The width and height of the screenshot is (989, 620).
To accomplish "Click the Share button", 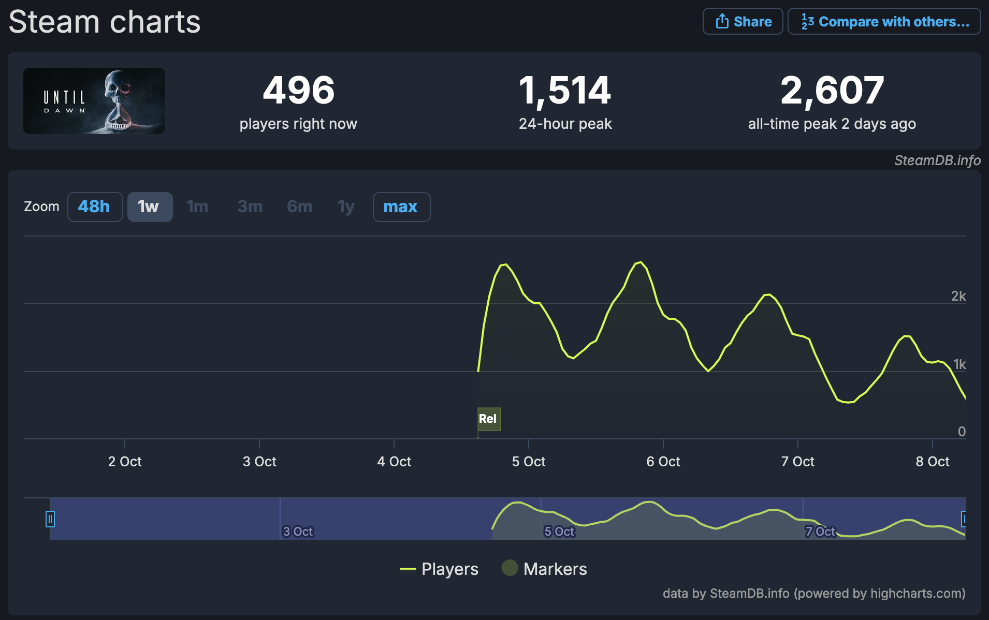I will click(x=743, y=22).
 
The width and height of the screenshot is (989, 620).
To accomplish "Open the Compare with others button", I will click(x=884, y=22).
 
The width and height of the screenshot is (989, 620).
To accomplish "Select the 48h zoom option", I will click(x=95, y=207).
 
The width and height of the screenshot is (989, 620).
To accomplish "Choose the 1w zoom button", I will click(x=150, y=207).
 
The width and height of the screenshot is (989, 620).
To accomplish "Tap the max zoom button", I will click(x=401, y=207).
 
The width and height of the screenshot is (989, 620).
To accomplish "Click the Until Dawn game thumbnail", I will click(x=94, y=101).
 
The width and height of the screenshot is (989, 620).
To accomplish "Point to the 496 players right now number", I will click(x=299, y=91).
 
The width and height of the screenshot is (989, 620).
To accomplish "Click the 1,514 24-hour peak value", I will click(x=565, y=91).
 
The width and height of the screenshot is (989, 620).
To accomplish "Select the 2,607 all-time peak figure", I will click(x=832, y=91).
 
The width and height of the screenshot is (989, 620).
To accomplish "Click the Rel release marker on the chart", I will click(x=488, y=419).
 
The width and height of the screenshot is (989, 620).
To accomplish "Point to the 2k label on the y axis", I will click(x=958, y=296).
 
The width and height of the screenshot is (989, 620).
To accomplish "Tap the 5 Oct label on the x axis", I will click(x=529, y=461).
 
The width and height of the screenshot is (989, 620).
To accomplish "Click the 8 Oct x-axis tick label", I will click(x=932, y=461).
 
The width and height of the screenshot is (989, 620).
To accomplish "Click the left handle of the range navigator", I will click(x=50, y=519).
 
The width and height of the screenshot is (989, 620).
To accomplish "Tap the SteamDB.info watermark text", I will click(x=937, y=160).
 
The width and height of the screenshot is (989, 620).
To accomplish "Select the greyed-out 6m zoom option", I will click(x=299, y=207).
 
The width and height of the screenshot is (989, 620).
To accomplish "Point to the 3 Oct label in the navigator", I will click(x=298, y=532).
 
